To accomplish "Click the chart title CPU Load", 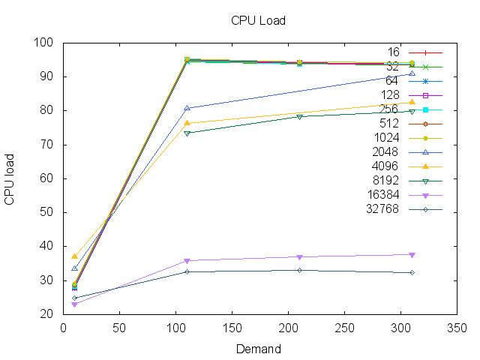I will pos(258,20).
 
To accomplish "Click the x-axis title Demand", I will pos(258,349).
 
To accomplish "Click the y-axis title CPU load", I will pos(10,178).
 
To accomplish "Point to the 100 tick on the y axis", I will pos(52,43).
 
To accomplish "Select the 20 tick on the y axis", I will pos(52,314).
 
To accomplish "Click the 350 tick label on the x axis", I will pos(457,328).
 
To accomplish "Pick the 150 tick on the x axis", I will pos(232,328).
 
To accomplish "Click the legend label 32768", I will pos(383,208).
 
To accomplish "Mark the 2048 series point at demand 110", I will pos(187,108).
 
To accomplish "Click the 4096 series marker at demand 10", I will pos(74,256).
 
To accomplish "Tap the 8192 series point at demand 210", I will pos(299,116).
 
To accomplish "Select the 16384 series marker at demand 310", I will pos(412,254).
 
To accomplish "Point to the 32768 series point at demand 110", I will pos(187,271).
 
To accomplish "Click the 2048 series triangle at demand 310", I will pos(412,73).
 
